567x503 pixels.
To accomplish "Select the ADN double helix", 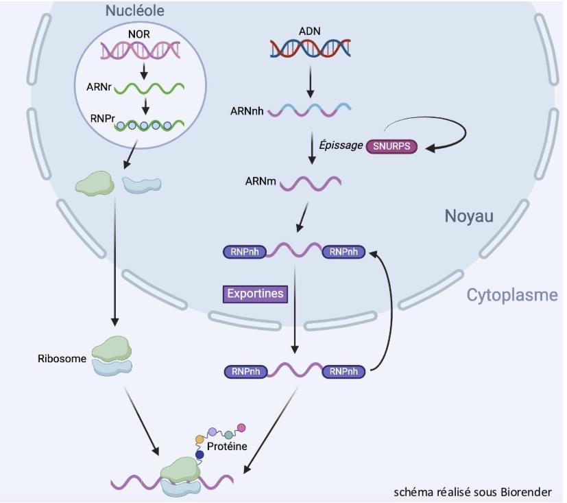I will point(310,49).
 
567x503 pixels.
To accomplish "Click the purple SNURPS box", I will point(391,147).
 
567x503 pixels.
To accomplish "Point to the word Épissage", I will point(342,147).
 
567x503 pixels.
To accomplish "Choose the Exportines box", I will point(254,294).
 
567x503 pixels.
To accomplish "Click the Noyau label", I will point(470,217).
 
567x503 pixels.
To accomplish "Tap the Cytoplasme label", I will point(511,295).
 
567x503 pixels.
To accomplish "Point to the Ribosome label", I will point(60,358).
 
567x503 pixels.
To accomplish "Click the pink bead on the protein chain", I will point(241,428).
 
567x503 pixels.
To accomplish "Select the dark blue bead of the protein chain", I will point(200,454).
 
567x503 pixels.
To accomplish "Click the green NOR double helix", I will point(142,50).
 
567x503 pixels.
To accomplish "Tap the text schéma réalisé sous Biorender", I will point(472,492).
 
